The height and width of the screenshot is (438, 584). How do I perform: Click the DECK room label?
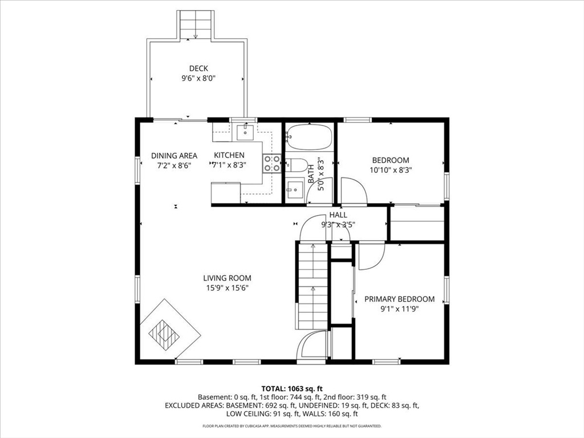(x=198, y=68)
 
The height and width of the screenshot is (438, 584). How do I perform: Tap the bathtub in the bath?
(x=309, y=136)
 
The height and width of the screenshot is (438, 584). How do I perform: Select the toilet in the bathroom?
(x=297, y=165)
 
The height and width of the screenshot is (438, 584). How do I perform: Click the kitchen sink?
(x=245, y=132)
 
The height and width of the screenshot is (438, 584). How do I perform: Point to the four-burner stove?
(x=272, y=164)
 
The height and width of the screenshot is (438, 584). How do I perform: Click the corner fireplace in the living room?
(x=170, y=329)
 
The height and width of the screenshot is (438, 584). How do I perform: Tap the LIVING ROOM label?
(x=227, y=278)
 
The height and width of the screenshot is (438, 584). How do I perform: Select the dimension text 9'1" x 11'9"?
(x=399, y=309)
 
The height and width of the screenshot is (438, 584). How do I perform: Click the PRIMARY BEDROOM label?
(x=399, y=299)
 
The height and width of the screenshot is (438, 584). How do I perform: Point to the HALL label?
(x=338, y=215)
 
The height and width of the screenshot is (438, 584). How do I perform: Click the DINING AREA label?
(x=174, y=156)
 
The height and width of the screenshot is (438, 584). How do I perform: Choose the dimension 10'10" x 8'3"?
(x=391, y=170)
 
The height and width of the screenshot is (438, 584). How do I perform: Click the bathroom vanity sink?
(x=294, y=190)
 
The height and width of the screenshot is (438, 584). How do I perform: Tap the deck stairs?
(x=196, y=24)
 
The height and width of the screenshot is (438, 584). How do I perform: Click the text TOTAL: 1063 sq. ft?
(x=292, y=389)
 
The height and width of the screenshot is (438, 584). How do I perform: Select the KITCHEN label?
(x=229, y=155)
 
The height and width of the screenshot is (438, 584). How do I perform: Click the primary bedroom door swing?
(x=371, y=256)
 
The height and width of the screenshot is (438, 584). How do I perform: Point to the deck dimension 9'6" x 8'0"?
(x=199, y=78)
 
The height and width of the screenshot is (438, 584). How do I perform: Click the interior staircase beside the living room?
(x=313, y=286)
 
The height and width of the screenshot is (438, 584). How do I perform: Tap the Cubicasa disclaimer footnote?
(x=291, y=425)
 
